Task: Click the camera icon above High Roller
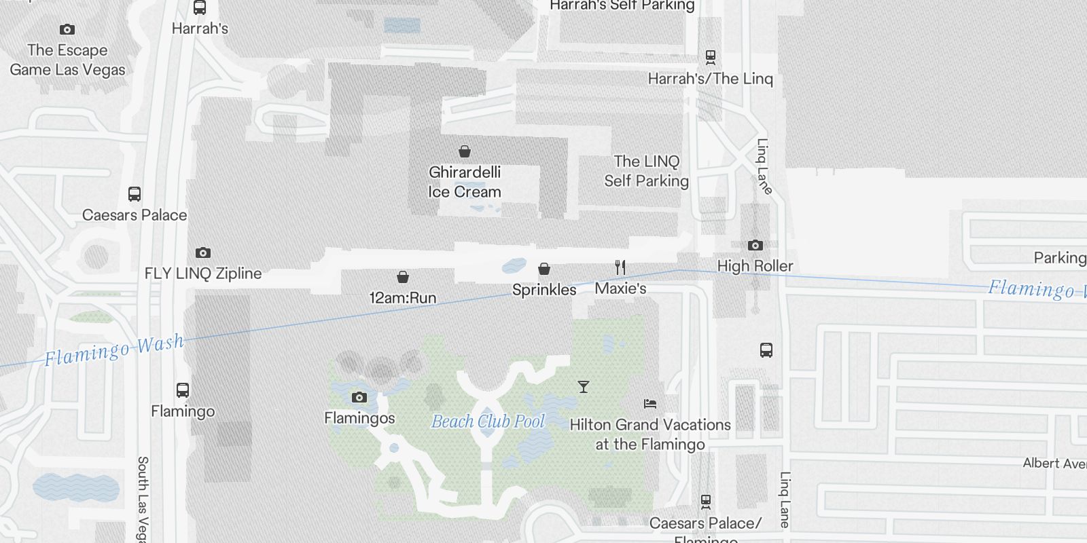point(755,245)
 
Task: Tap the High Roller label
point(755,266)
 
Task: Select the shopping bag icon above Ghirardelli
point(465,151)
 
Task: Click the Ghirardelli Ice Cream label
point(465,182)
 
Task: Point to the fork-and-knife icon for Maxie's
point(620,267)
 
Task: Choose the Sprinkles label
point(544,290)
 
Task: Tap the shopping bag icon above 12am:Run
point(403,277)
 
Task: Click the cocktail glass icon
point(583,387)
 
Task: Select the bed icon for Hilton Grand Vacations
point(650,404)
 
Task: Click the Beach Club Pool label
point(488,422)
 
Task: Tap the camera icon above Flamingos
point(359,397)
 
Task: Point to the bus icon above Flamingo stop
point(183,390)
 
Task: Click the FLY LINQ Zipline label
point(203,274)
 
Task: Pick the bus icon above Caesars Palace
point(135,194)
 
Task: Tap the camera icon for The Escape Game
point(67,29)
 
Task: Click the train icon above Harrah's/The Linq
point(711,57)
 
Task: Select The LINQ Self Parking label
point(646,171)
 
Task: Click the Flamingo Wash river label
point(114,350)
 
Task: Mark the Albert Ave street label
point(1054,464)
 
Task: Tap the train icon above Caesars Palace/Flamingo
point(706,502)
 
